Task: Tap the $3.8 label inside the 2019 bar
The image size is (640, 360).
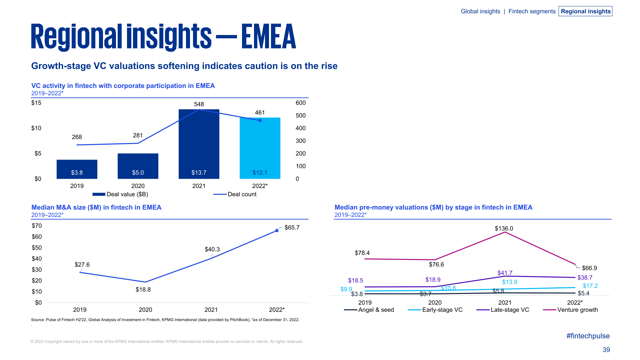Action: pyautogui.click(x=77, y=173)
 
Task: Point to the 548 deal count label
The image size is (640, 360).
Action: pyautogui.click(x=199, y=104)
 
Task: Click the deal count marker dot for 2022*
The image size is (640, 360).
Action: pyautogui.click(x=260, y=120)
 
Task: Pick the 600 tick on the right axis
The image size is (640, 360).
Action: pyautogui.click(x=300, y=103)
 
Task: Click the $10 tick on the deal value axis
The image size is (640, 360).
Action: pyautogui.click(x=36, y=128)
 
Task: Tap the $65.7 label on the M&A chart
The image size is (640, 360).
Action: pyautogui.click(x=292, y=228)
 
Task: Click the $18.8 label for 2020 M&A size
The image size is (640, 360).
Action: pyautogui.click(x=143, y=290)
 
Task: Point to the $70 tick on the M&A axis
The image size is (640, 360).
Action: pyautogui.click(x=37, y=226)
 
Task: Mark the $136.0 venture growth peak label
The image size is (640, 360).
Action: pyautogui.click(x=504, y=229)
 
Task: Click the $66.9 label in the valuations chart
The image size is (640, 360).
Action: pyautogui.click(x=589, y=268)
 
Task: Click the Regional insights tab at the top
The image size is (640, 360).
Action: pyautogui.click(x=585, y=11)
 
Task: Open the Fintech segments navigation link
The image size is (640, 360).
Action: pyautogui.click(x=532, y=11)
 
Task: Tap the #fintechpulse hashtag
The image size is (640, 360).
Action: pyautogui.click(x=588, y=336)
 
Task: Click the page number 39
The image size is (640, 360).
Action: pyautogui.click(x=606, y=350)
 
